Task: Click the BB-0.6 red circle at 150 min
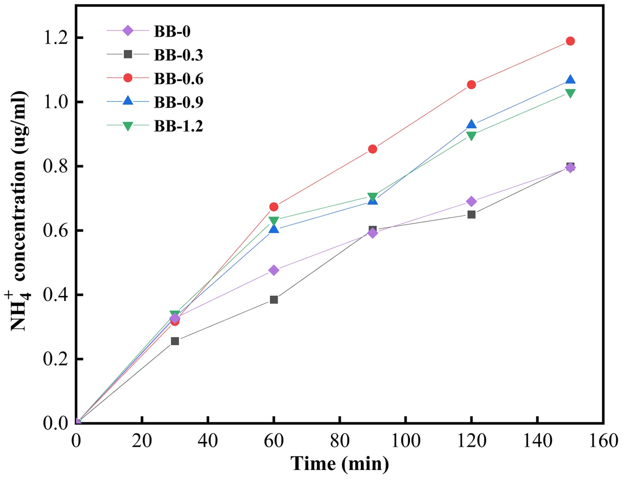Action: (x=570, y=41)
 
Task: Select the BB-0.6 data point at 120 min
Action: (x=472, y=85)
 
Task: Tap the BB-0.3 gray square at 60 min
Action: (x=274, y=299)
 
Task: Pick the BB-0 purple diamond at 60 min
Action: (x=274, y=270)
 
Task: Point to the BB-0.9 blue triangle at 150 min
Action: (x=570, y=80)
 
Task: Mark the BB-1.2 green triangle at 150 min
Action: (x=570, y=93)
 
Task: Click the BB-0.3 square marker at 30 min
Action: (x=175, y=341)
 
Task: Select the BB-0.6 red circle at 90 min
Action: (x=372, y=149)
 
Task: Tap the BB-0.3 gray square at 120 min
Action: (x=472, y=214)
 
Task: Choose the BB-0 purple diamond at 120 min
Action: (x=472, y=201)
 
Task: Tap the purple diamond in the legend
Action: (x=128, y=31)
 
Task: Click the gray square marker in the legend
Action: (x=128, y=54)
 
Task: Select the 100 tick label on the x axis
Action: (x=405, y=440)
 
